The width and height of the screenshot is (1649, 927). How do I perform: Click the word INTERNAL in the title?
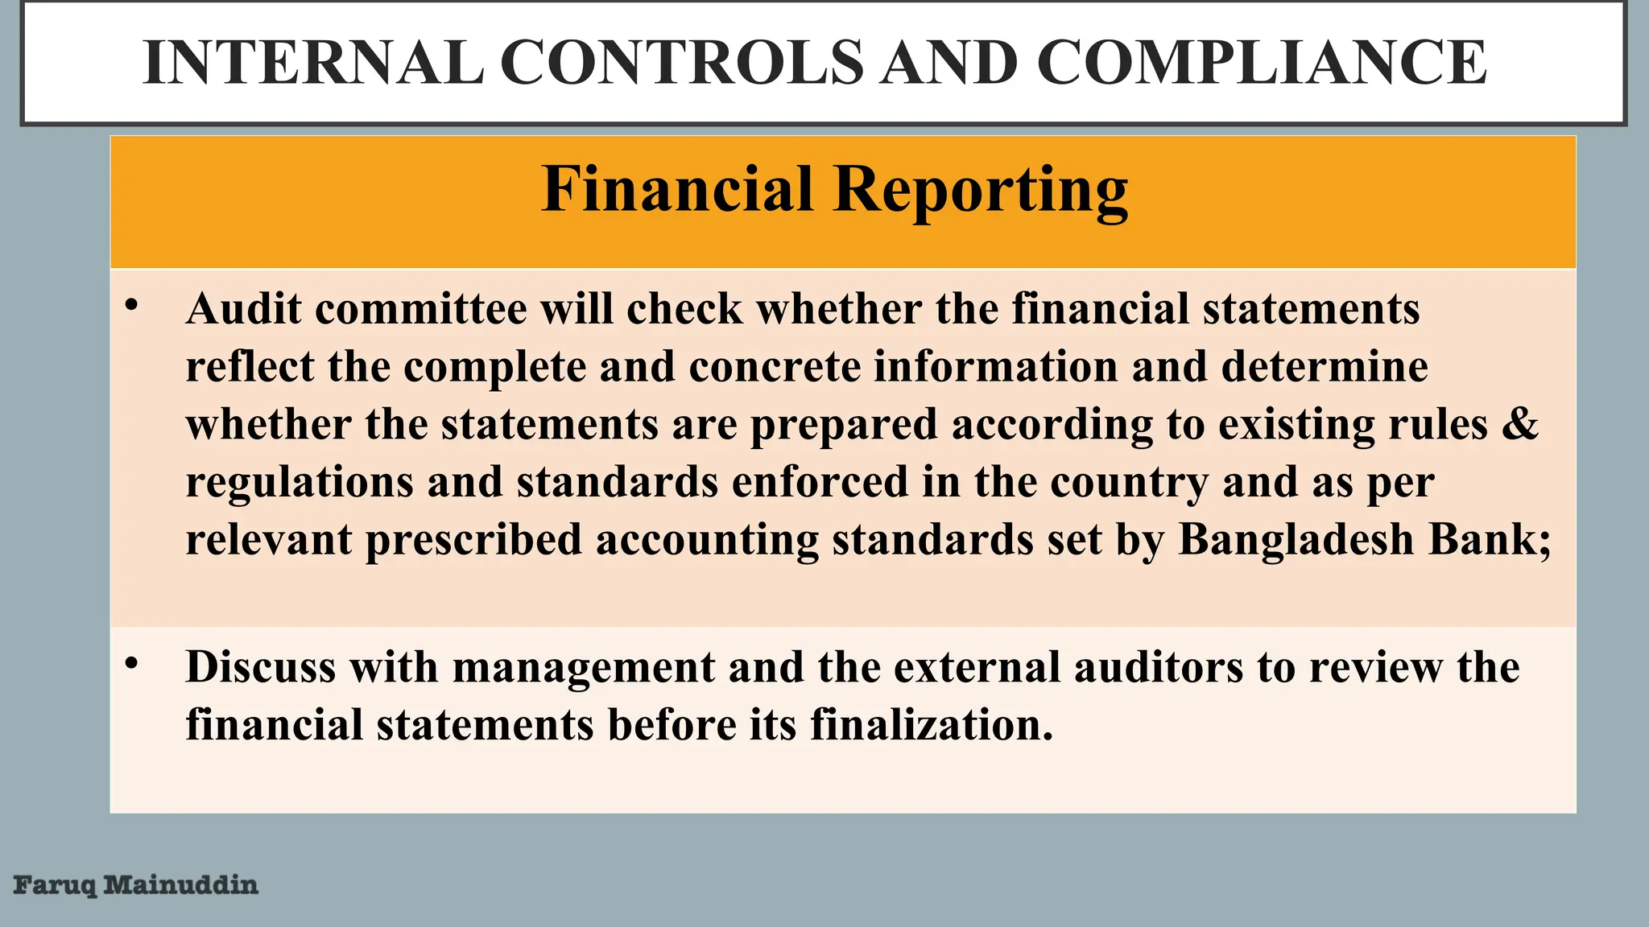click(313, 63)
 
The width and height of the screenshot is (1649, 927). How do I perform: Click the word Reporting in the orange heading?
click(980, 190)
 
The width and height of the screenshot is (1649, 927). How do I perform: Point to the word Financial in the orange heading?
click(677, 190)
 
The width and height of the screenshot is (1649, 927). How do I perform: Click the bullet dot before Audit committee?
click(132, 306)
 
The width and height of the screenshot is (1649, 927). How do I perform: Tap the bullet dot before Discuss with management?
click(132, 664)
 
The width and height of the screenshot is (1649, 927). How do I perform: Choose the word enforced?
click(820, 482)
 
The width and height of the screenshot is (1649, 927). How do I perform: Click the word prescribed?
click(473, 540)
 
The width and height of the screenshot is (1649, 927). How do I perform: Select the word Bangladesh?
click(1296, 540)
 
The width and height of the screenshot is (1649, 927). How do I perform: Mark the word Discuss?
click(260, 667)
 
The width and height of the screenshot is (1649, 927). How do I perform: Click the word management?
click(584, 669)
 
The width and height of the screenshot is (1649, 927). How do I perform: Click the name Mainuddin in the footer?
click(181, 885)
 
